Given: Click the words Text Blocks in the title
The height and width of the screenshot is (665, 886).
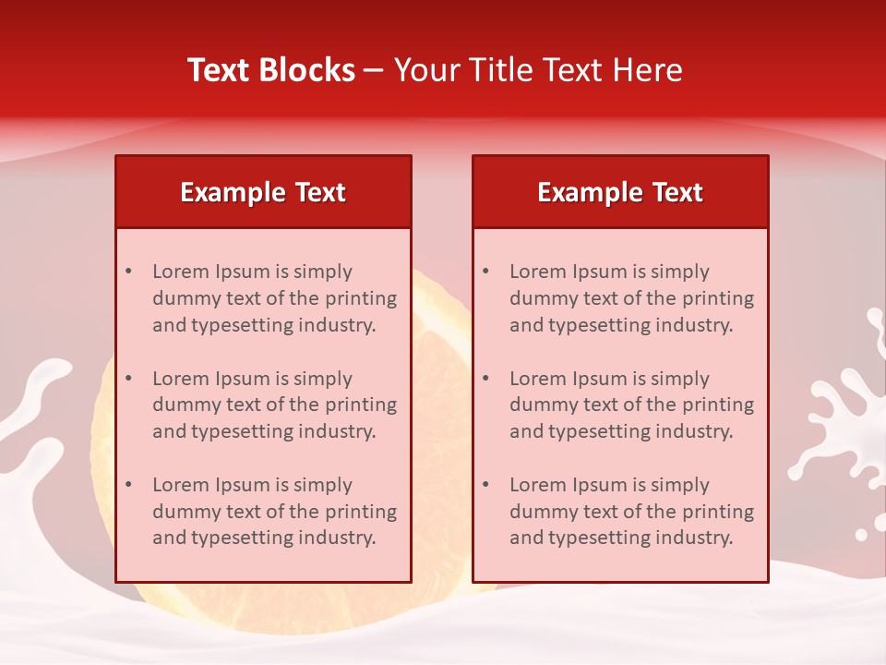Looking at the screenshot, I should click(x=271, y=70).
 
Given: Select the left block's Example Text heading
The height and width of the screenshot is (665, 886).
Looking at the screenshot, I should click(x=263, y=192).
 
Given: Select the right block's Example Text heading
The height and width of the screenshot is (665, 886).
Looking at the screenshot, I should click(x=620, y=192).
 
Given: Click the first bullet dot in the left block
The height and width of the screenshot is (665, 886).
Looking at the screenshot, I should click(x=129, y=272).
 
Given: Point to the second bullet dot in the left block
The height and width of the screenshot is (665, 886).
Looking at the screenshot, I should click(x=129, y=379).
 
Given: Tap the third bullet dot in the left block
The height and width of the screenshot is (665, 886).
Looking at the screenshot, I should click(x=129, y=485).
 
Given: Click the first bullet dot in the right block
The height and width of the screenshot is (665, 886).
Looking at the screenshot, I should click(x=486, y=272).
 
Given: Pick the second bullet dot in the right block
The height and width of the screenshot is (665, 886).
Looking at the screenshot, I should click(x=486, y=379).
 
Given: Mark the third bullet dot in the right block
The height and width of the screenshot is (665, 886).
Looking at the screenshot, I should click(x=486, y=485).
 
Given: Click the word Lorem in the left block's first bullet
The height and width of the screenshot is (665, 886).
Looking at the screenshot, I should click(x=181, y=272).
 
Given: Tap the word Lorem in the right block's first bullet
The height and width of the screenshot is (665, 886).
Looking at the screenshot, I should click(x=538, y=272).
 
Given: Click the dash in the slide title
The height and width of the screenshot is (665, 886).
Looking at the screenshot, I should click(x=374, y=71).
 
